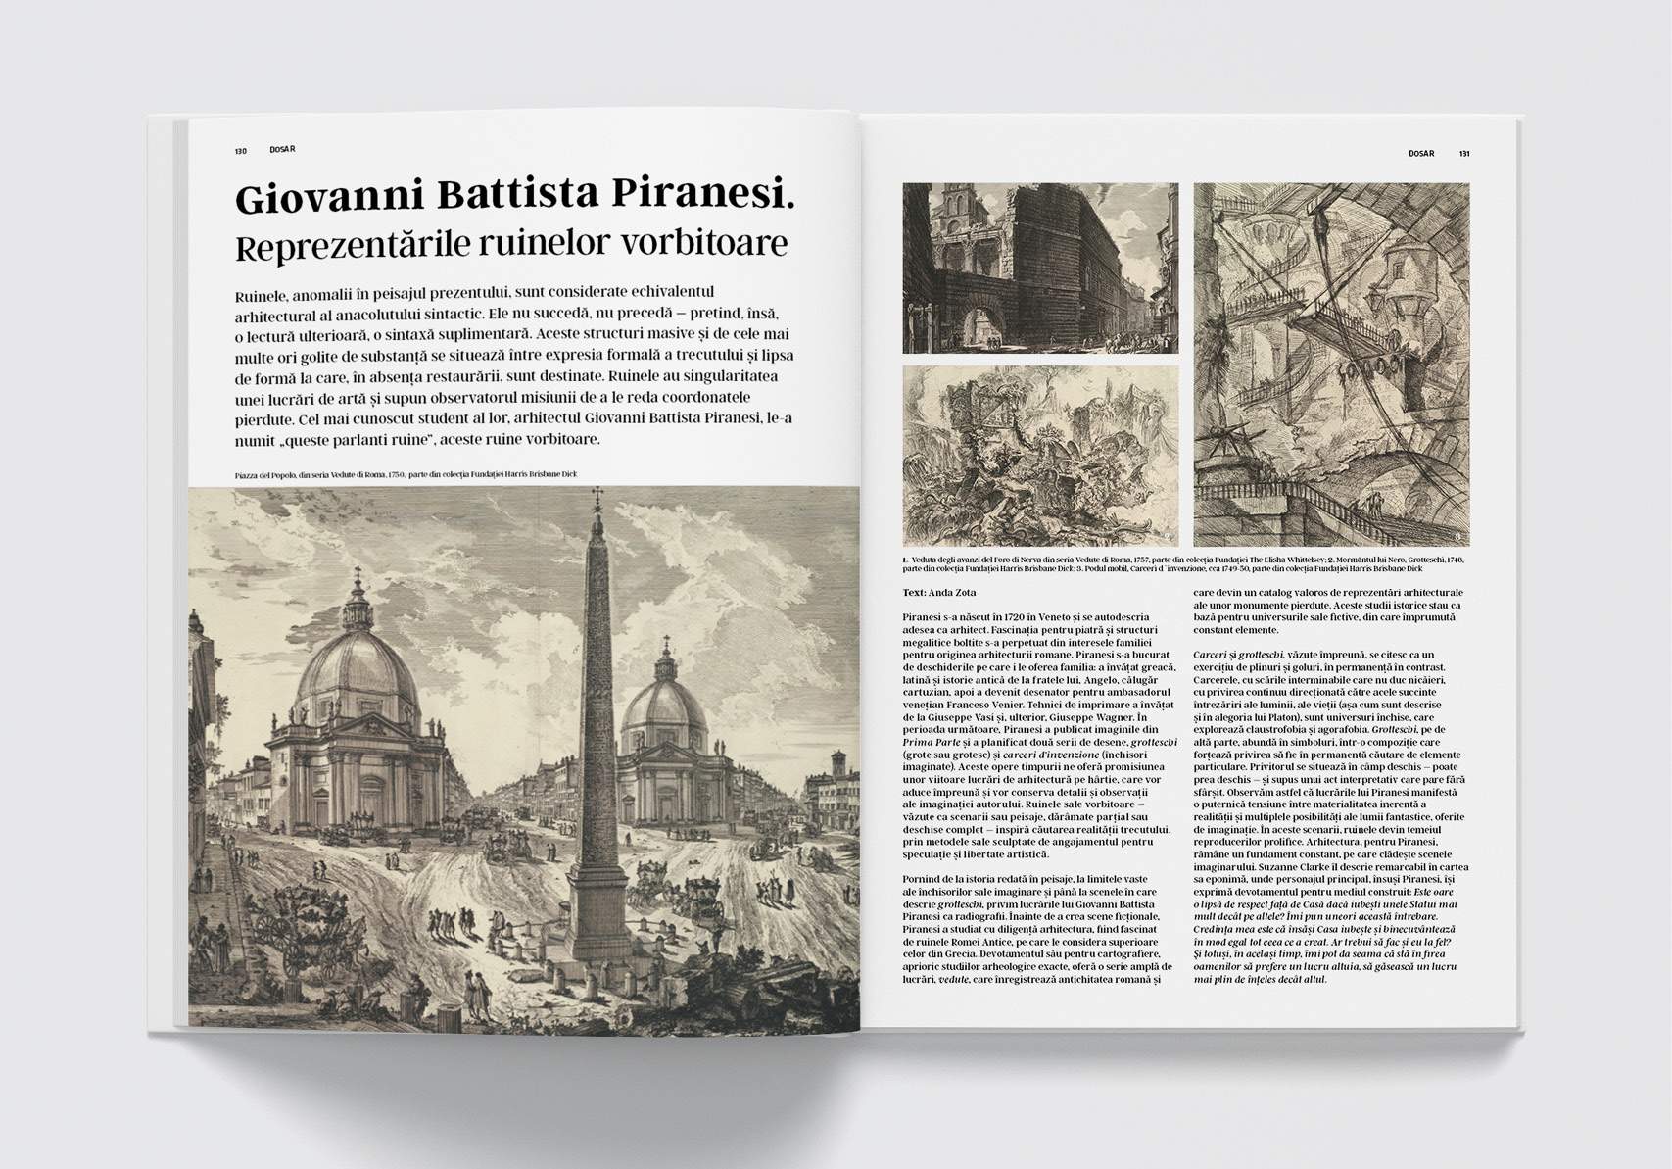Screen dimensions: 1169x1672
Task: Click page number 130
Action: [x=240, y=151]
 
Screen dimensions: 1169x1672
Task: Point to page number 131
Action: [x=1464, y=154]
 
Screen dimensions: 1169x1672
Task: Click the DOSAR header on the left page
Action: [x=282, y=150]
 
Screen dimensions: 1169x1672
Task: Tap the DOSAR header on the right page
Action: [x=1421, y=154]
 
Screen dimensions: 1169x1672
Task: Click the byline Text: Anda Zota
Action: [x=939, y=593]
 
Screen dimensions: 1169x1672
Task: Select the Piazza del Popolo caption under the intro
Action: [x=406, y=475]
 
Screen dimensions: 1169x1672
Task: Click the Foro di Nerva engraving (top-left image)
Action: [x=1040, y=268]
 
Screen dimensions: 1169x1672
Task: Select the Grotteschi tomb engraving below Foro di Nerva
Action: [x=1040, y=456]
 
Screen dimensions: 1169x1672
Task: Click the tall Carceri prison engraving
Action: [x=1331, y=365]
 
